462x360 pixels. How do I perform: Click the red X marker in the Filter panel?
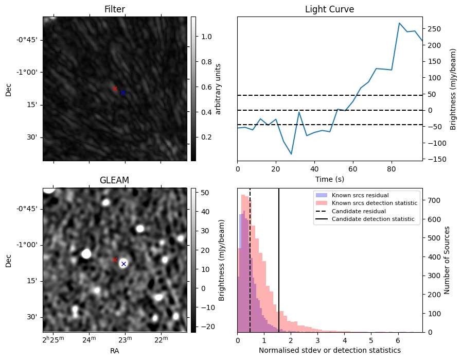[115, 89]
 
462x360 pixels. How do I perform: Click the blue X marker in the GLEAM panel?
[124, 264]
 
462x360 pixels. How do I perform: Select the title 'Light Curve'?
[329, 9]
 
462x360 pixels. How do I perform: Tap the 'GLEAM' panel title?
[114, 180]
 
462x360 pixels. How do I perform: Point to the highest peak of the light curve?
[399, 23]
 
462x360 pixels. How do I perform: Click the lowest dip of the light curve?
[291, 154]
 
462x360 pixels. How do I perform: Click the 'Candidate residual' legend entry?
[359, 211]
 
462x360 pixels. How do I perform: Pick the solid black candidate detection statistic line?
[279, 261]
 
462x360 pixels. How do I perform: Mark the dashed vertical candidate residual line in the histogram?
[250, 261]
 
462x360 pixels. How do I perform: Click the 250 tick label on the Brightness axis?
[435, 29]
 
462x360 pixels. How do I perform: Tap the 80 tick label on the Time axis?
[392, 169]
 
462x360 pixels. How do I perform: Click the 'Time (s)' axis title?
[330, 179]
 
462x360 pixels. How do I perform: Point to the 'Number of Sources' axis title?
[447, 260]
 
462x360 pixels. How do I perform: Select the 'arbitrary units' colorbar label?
[218, 89]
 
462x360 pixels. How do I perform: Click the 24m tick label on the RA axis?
[89, 339]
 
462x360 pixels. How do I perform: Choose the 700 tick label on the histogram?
[434, 200]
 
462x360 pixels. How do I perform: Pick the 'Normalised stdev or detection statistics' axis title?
[330, 350]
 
